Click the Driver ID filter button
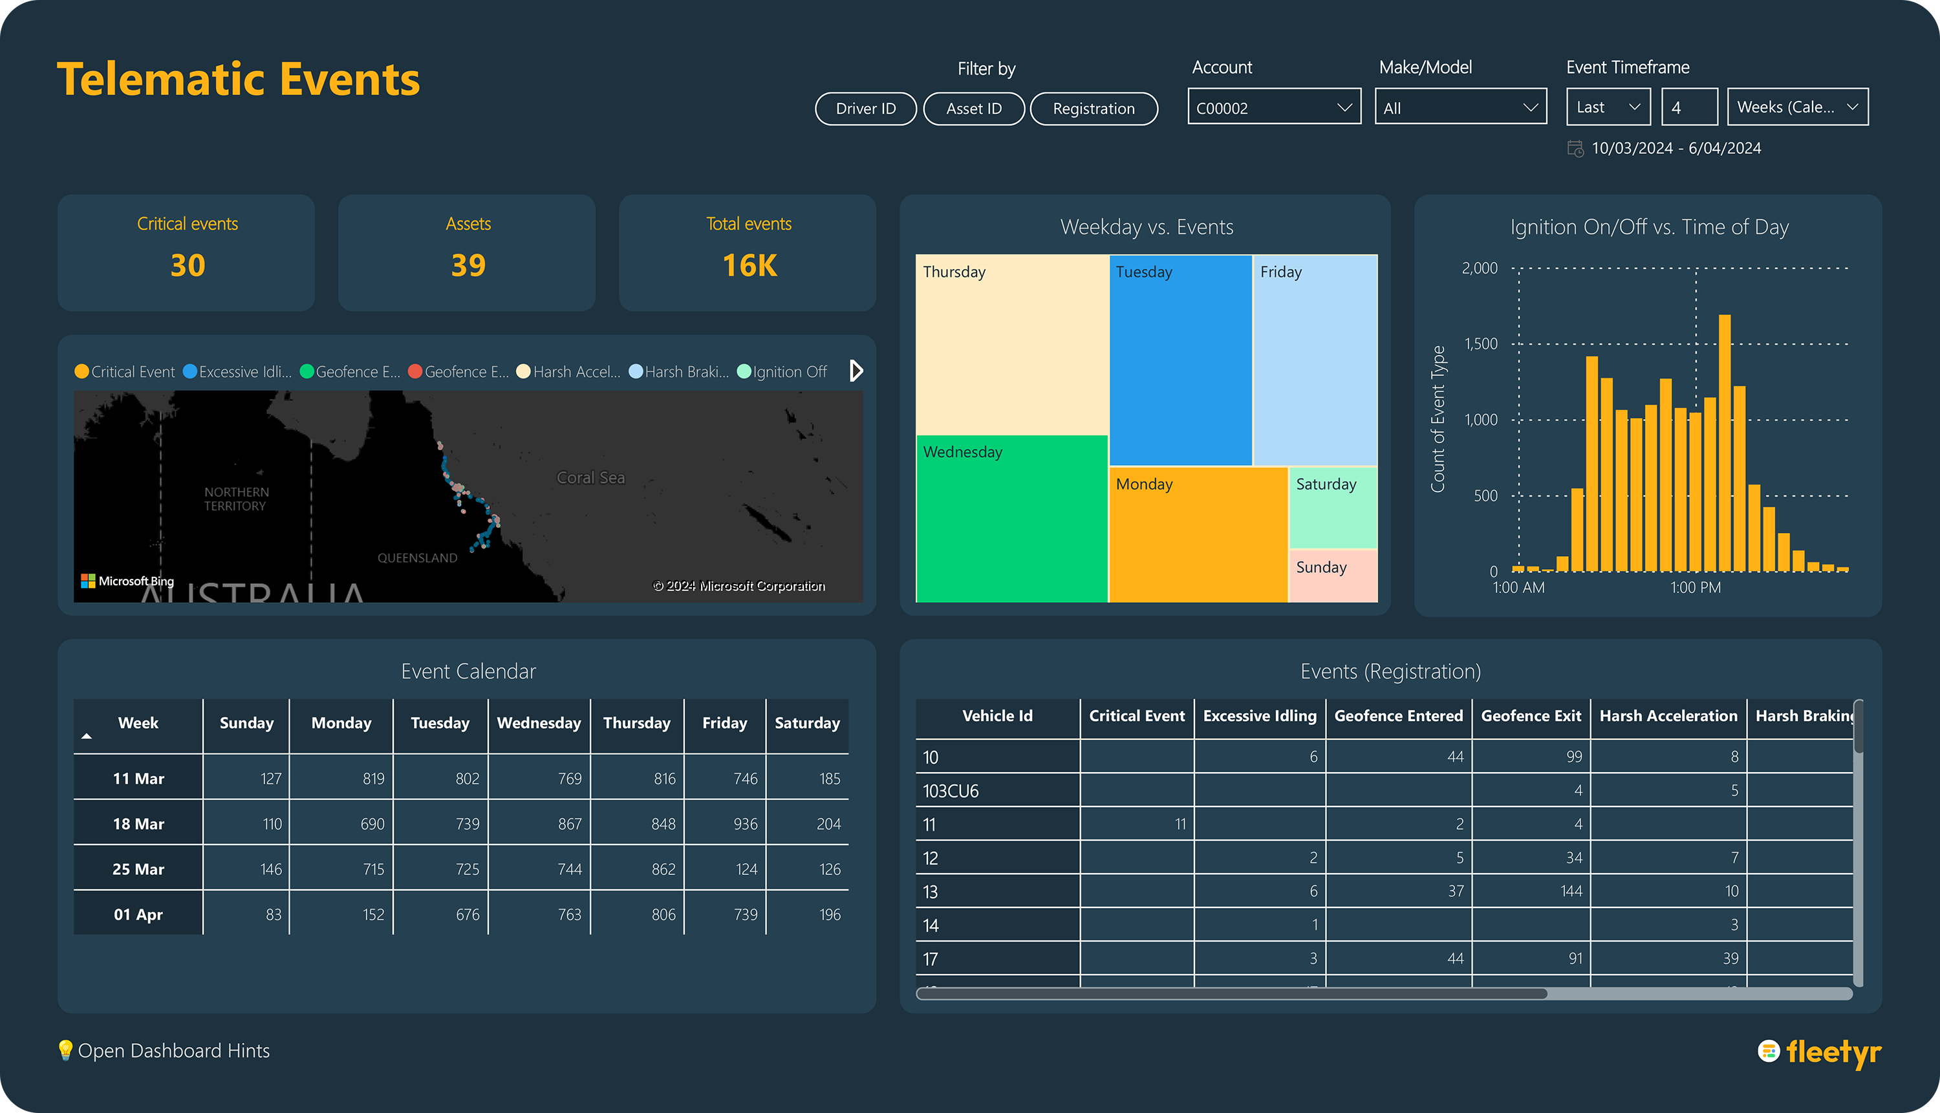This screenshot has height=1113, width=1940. [865, 109]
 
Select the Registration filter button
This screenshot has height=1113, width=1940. [1093, 109]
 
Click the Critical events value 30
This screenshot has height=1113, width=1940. [188, 265]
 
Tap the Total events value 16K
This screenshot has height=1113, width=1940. [749, 265]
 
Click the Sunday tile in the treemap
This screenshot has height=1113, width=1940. [1332, 575]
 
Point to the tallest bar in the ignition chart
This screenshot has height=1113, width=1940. [1725, 444]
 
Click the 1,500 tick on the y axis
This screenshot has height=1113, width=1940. [1481, 344]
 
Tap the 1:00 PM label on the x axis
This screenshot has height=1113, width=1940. [1696, 588]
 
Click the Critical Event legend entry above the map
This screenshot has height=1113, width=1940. [125, 371]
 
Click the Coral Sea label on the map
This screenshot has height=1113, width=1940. [590, 478]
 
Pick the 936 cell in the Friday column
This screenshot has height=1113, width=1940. [744, 824]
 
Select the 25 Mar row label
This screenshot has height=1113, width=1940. [138, 869]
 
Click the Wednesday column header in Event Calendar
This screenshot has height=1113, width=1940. [539, 723]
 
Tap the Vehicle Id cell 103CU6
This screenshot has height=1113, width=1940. [950, 791]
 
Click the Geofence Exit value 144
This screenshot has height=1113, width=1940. [1571, 891]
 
